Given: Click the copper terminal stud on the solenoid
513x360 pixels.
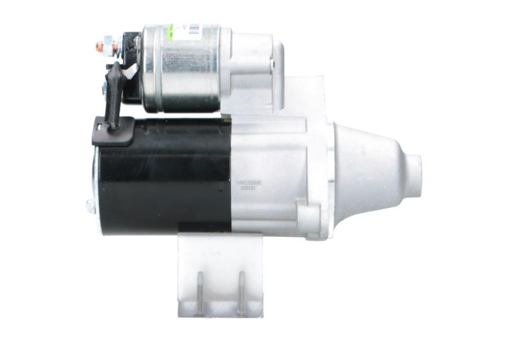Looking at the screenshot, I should click(x=100, y=47).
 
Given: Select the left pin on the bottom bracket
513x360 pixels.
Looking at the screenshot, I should click(x=199, y=292).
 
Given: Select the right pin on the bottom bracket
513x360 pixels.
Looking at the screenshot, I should click(x=242, y=292).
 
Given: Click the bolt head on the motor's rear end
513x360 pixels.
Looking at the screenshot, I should click(x=90, y=207).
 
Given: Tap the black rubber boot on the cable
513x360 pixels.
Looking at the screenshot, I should click(x=115, y=93).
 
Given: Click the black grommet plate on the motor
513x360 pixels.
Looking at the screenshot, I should click(x=113, y=133).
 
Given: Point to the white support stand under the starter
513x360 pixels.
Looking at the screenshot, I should click(x=221, y=276).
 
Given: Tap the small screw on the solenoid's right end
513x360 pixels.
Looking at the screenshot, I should click(x=272, y=64).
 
